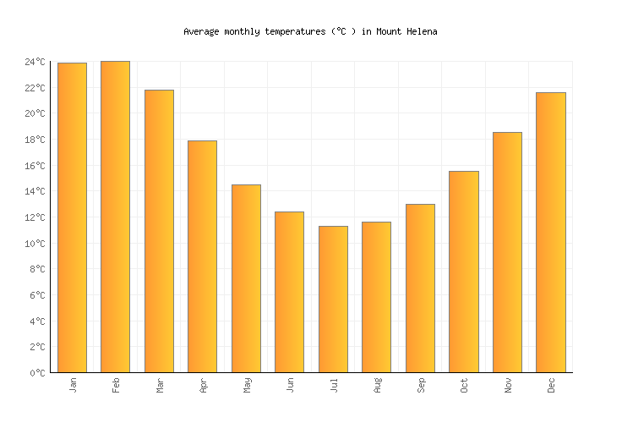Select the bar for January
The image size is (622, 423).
click(x=72, y=217)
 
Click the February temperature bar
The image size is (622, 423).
click(x=115, y=217)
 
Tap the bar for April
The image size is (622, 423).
click(x=202, y=256)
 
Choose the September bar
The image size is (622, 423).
click(x=420, y=288)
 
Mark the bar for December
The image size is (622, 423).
click(x=550, y=232)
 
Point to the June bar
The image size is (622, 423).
click(x=289, y=292)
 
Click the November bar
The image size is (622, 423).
click(x=507, y=252)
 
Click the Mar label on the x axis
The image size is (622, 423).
click(x=160, y=386)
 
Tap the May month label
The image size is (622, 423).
click(x=247, y=386)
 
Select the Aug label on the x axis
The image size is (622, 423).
click(x=377, y=386)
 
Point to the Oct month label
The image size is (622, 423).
click(x=464, y=386)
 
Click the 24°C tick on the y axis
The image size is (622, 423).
click(x=35, y=62)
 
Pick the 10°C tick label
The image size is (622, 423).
click(x=35, y=244)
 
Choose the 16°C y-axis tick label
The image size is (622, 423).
click(x=35, y=166)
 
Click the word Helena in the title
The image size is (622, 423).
click(x=420, y=31)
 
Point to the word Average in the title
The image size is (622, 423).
click(x=201, y=31)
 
